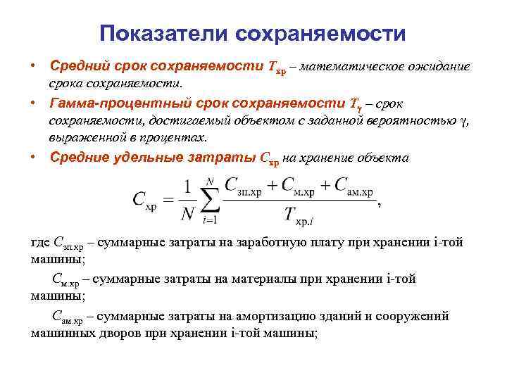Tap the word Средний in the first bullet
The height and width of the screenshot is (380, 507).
pos(76,67)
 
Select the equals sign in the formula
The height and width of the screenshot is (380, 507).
pos(168,199)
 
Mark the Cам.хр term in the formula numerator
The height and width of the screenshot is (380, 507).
pos(353,186)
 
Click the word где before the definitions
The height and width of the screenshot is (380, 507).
pos(40,243)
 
